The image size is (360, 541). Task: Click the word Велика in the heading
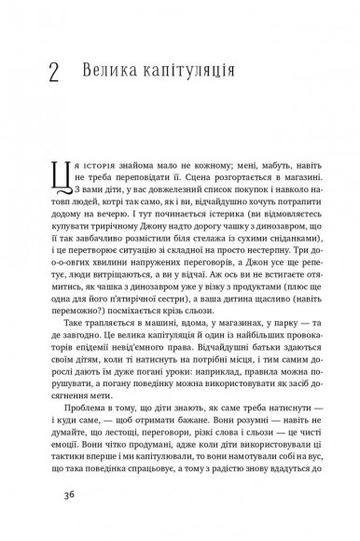[x=109, y=70]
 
